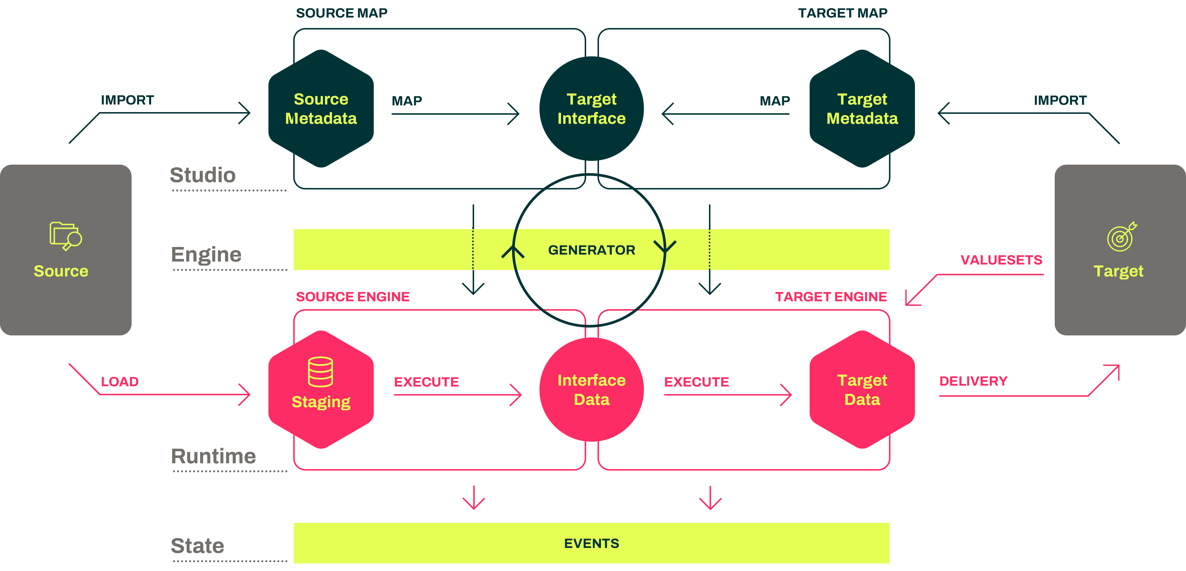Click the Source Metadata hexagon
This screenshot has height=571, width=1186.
(321, 109)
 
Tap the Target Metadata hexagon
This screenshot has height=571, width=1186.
(862, 109)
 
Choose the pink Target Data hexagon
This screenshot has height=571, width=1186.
(862, 389)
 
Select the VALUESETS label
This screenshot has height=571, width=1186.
(1001, 260)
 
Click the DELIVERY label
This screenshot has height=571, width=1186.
(973, 381)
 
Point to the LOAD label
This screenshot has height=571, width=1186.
(120, 382)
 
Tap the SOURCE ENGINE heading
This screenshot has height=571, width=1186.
(353, 297)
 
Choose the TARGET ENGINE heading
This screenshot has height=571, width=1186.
(831, 297)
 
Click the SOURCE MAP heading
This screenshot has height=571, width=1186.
(342, 13)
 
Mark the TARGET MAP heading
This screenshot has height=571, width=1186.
(843, 13)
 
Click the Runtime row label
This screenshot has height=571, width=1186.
(213, 456)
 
